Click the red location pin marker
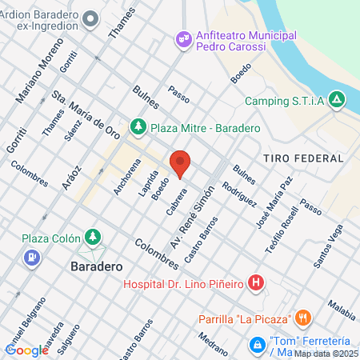click(x=180, y=163)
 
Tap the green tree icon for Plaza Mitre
click(x=139, y=126)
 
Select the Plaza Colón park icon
click(x=94, y=237)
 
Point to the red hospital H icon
click(x=255, y=282)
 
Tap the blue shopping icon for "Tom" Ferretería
click(x=258, y=345)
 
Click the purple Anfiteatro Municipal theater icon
click(x=183, y=38)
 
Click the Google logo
click(x=26, y=350)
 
